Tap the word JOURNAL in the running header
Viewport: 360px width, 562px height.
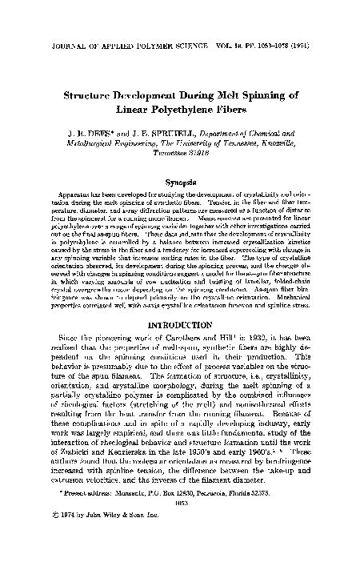point(47,14)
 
